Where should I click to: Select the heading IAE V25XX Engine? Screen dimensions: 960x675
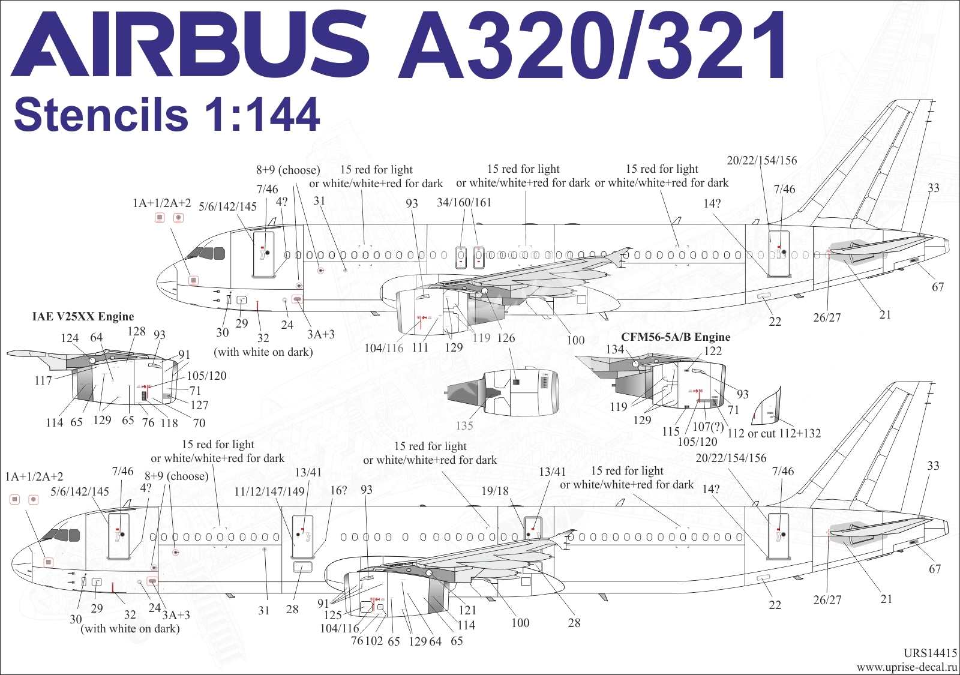[x=83, y=317]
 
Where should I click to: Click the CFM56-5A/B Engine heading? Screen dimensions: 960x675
[x=676, y=337]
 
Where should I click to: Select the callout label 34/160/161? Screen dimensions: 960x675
[x=464, y=202]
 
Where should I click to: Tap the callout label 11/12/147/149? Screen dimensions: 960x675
[x=269, y=491]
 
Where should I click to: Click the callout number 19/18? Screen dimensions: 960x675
[x=495, y=491]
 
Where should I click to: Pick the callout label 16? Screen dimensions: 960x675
[x=338, y=490]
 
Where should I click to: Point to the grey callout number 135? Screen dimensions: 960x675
[x=464, y=425]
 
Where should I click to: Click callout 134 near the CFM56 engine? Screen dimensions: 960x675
[x=615, y=349]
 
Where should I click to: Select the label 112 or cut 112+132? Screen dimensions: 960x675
[x=774, y=433]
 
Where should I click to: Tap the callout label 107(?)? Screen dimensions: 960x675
[x=708, y=427]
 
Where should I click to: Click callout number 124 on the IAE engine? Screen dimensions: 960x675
[x=70, y=338]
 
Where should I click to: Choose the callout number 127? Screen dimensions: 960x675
[x=199, y=405]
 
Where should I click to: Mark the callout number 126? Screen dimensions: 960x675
[x=506, y=338]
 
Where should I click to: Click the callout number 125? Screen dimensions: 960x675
[x=332, y=616]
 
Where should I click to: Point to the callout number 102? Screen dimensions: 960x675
[x=374, y=641]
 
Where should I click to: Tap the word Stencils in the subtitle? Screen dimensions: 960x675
[x=101, y=115]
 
